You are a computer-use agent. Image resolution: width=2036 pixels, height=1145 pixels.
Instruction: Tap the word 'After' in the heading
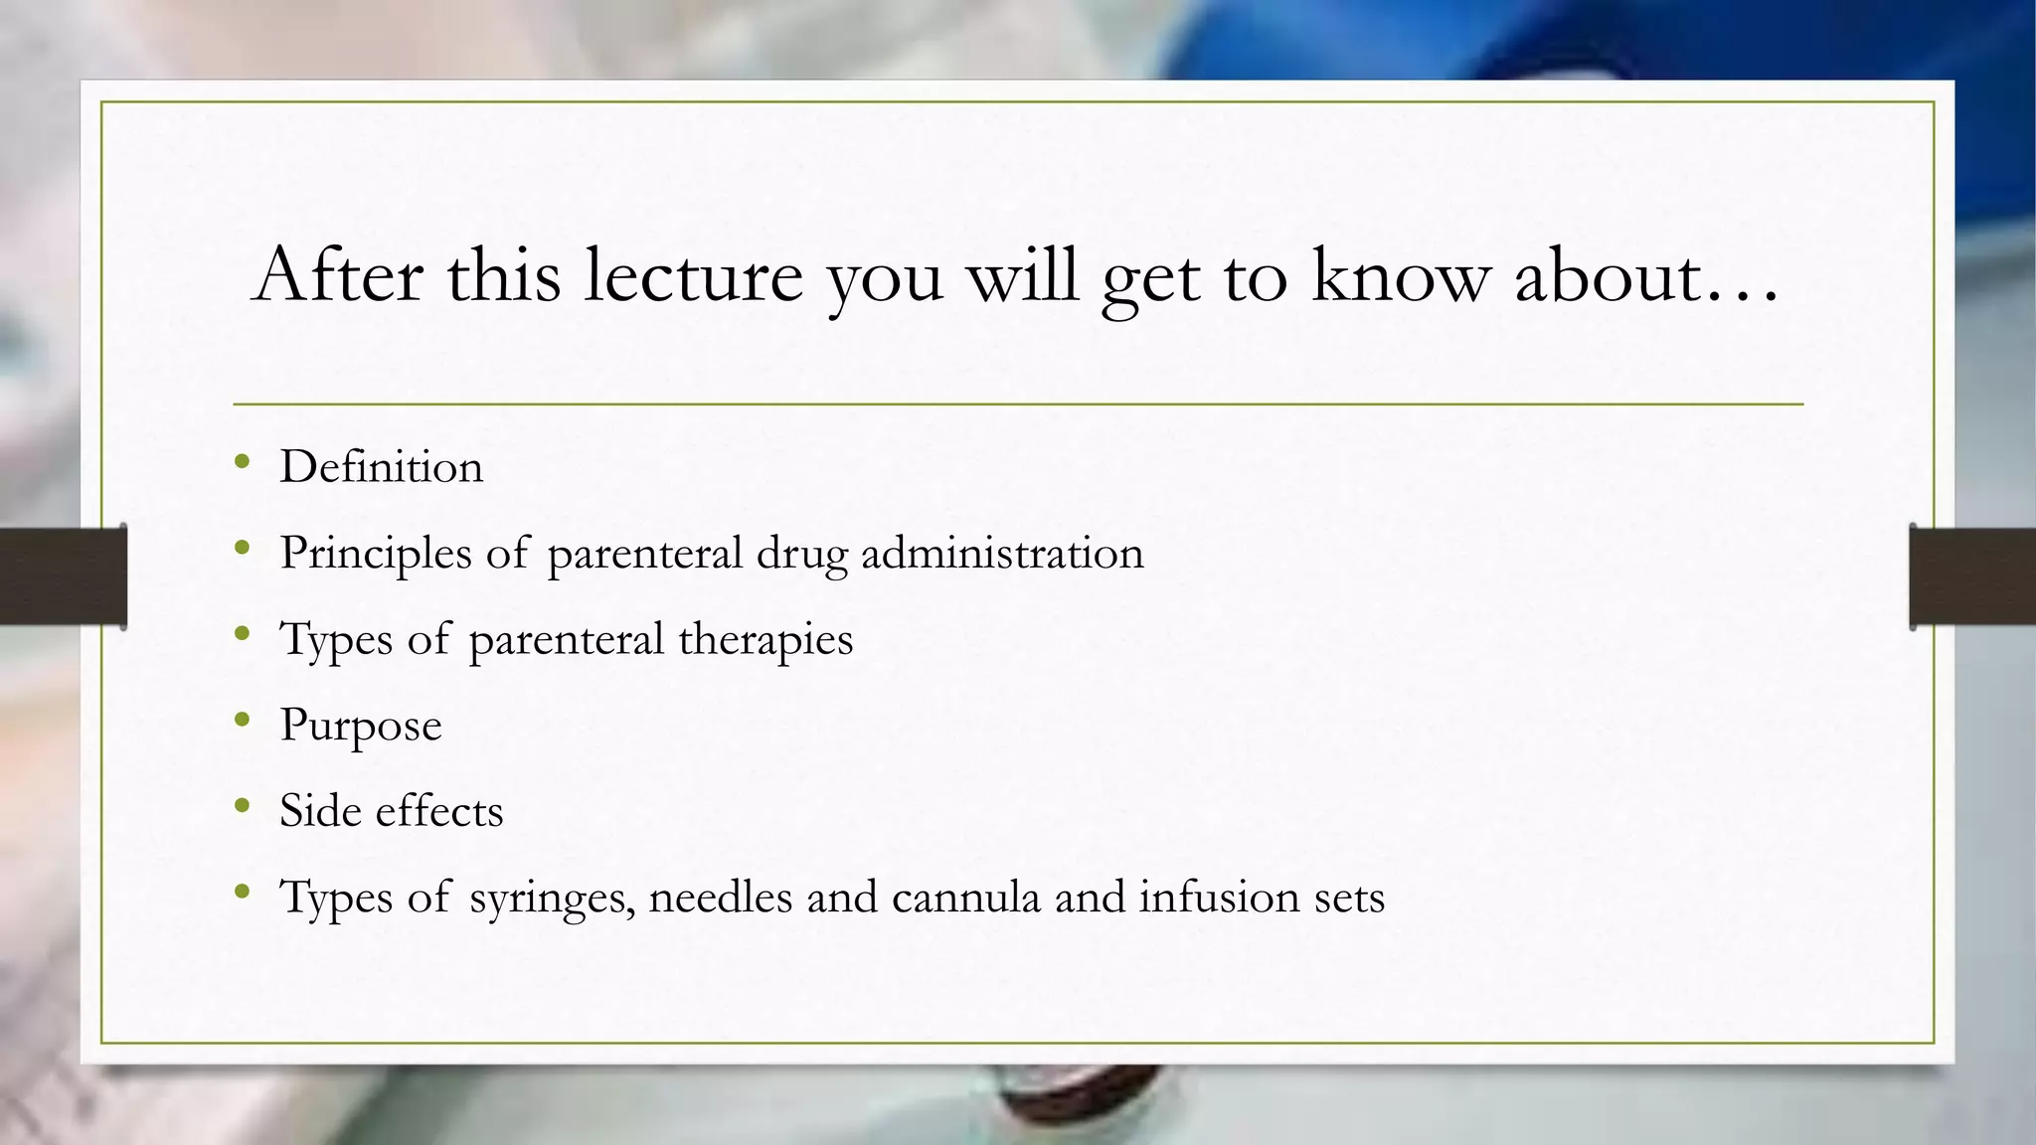pyautogui.click(x=338, y=275)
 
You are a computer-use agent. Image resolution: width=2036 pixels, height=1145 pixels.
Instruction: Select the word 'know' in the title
pyautogui.click(x=1401, y=275)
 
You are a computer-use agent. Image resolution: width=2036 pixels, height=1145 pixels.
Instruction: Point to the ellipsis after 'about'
pyautogui.click(x=1741, y=294)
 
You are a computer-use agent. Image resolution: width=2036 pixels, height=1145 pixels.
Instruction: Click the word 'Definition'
pyautogui.click(x=381, y=467)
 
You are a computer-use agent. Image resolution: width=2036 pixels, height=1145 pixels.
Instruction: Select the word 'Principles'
pyautogui.click(x=375, y=554)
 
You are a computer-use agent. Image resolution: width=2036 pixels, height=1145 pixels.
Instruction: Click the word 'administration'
pyautogui.click(x=1002, y=554)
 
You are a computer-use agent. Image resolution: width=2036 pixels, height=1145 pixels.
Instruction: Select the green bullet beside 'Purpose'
pyautogui.click(x=242, y=720)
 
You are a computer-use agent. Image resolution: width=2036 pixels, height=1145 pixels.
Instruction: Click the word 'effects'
pyautogui.click(x=439, y=811)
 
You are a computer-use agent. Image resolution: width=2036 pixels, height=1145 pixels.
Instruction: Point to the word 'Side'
pyautogui.click(x=320, y=811)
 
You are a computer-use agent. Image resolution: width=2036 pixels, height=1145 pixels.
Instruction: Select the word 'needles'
pyautogui.click(x=720, y=898)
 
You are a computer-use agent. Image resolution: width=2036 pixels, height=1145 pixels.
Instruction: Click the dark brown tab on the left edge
pyautogui.click(x=63, y=576)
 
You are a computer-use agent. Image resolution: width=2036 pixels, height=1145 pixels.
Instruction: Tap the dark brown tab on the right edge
pyautogui.click(x=1972, y=576)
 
